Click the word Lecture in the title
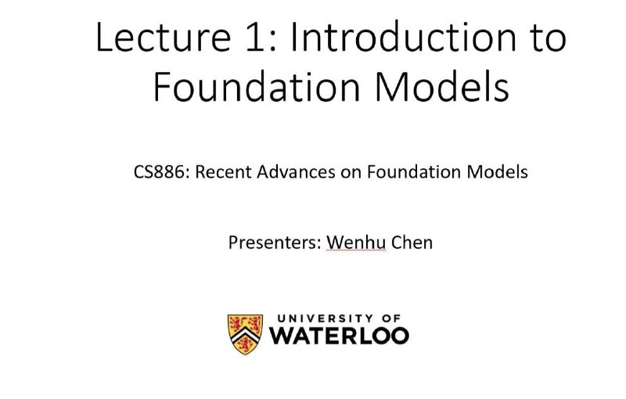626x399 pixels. [x=164, y=37]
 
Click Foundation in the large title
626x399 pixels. [x=257, y=87]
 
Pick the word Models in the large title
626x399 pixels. [x=442, y=87]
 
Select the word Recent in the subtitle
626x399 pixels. [x=223, y=172]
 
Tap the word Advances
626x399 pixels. [x=296, y=172]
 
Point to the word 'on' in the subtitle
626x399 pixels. [x=351, y=174]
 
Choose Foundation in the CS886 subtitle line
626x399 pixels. [x=414, y=172]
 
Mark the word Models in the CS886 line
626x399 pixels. [x=498, y=172]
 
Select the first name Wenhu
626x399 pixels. [x=356, y=243]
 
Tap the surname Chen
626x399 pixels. [x=412, y=243]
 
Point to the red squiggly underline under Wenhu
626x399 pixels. [x=356, y=251]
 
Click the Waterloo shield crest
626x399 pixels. [x=245, y=334]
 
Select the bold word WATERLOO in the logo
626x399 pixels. [x=339, y=336]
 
